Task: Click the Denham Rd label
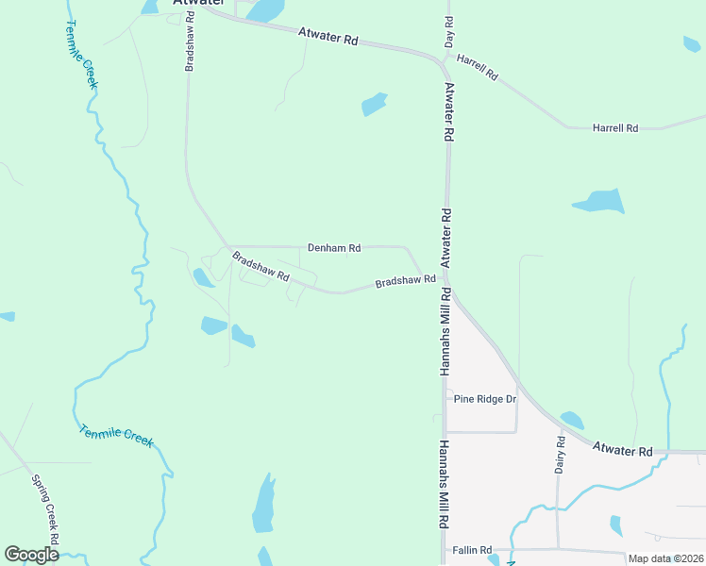(x=334, y=248)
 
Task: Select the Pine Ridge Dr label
(x=485, y=399)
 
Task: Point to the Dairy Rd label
(x=561, y=454)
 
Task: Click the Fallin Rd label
(x=472, y=550)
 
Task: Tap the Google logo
(x=31, y=554)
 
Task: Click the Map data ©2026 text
(x=664, y=558)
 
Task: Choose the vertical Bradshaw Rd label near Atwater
(x=190, y=42)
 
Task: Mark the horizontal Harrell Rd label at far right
(x=615, y=127)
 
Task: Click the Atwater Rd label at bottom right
(x=623, y=451)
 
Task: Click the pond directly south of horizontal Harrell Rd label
(x=598, y=201)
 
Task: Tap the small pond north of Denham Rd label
(x=374, y=104)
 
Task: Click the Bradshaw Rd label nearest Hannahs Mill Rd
(x=405, y=281)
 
